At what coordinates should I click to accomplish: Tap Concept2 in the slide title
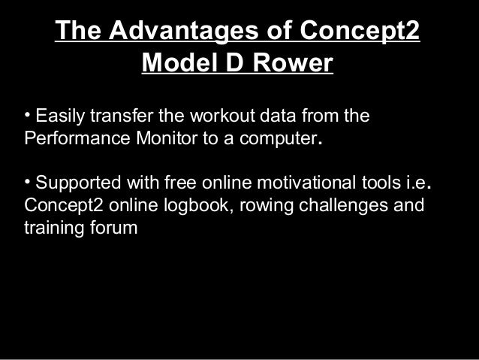click(359, 32)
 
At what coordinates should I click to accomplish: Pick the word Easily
click(60, 118)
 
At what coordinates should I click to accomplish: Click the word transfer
click(119, 118)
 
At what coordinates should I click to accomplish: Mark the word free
click(170, 183)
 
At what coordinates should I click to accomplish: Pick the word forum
click(116, 228)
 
